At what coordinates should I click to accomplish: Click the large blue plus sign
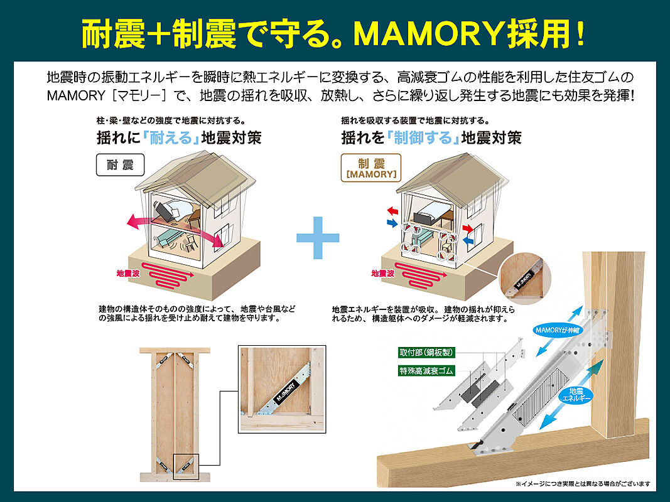point(318,237)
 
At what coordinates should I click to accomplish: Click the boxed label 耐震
point(120,165)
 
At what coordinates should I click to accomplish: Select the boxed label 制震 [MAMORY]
point(371,168)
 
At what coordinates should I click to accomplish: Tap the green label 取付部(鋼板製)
point(426,353)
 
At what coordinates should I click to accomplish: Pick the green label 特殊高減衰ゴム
point(426,370)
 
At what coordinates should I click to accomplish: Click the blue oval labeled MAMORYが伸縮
point(558,330)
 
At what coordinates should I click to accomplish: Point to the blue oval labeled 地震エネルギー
point(576,395)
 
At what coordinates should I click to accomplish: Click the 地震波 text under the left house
point(128,273)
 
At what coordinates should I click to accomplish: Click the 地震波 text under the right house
point(382,273)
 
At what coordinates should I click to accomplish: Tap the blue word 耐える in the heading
point(171,138)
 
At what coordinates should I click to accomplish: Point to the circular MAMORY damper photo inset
point(525,279)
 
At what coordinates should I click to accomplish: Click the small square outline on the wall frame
point(186,467)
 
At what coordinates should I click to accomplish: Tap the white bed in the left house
point(180,209)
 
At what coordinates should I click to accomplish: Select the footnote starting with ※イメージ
point(583,484)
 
